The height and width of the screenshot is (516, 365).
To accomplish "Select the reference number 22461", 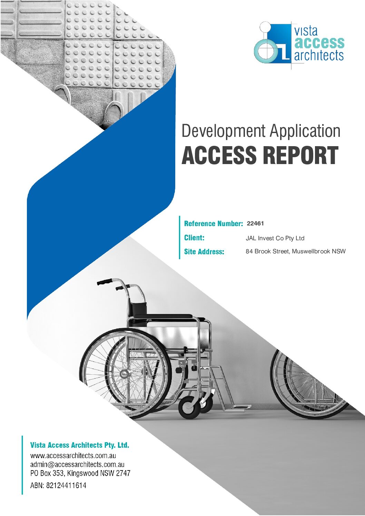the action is (x=255, y=223).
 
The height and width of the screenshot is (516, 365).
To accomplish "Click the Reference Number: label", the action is (x=214, y=223).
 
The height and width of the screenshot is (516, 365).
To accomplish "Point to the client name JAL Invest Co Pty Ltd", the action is (x=275, y=238).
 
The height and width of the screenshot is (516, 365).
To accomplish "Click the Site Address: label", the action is (x=204, y=252).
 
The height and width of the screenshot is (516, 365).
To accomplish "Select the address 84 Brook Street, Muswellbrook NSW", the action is (x=296, y=251).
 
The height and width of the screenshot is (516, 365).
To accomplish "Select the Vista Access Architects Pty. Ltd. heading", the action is (x=80, y=445).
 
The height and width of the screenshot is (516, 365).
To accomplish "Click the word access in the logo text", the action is (x=319, y=43).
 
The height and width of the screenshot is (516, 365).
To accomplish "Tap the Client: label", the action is (x=194, y=238).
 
